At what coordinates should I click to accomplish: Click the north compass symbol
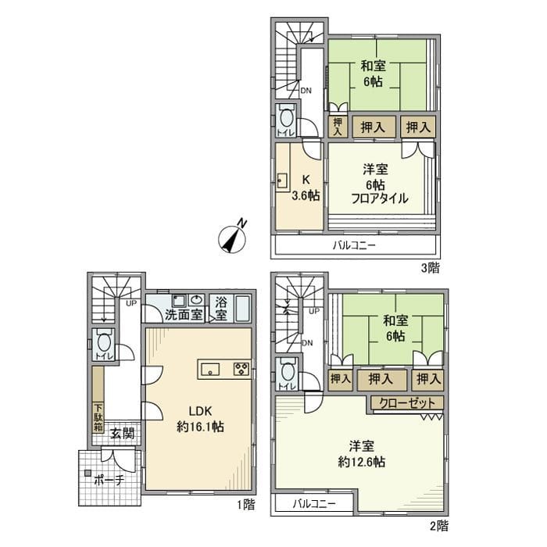[234, 238]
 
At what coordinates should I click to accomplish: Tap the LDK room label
[197, 413]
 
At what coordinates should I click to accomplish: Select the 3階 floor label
[430, 268]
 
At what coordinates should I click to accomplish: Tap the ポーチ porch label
[108, 481]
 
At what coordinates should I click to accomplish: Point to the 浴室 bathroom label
[222, 309]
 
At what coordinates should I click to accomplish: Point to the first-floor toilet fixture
[104, 342]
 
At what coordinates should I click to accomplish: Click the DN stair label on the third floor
[306, 90]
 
